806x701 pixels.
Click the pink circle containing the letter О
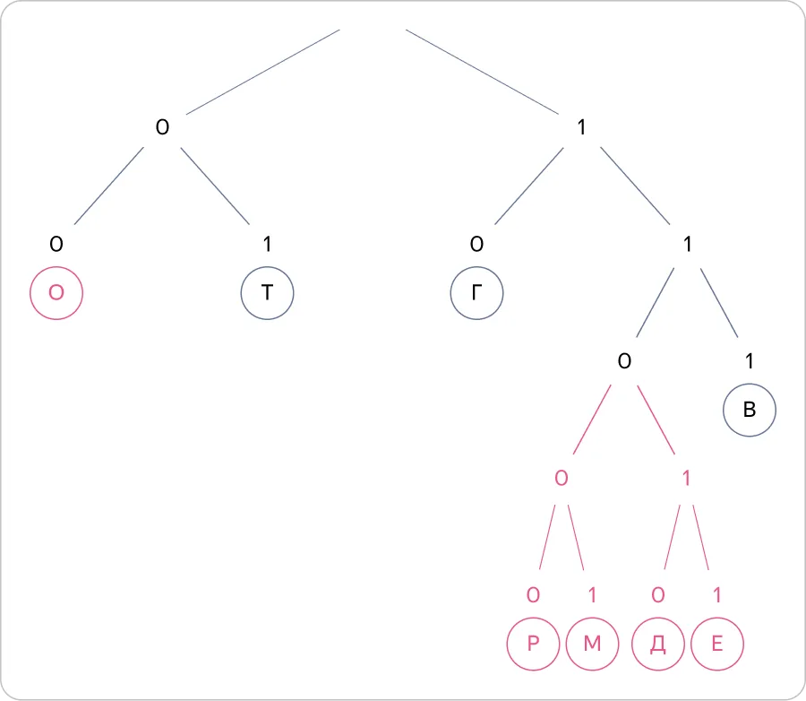(56, 293)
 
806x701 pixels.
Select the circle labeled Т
(267, 293)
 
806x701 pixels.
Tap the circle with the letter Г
(477, 293)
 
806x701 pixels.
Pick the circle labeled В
(750, 411)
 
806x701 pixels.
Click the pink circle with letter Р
(533, 644)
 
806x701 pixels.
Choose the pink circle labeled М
(592, 644)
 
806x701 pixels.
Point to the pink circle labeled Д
(658, 644)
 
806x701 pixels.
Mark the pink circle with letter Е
(717, 644)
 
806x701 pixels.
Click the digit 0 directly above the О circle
(56, 244)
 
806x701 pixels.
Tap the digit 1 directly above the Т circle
(267, 244)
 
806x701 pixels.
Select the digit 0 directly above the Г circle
(477, 244)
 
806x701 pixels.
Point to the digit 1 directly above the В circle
(750, 361)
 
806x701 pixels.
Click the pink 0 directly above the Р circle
(533, 595)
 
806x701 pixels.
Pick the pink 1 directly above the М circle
(592, 595)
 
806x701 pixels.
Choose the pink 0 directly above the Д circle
(658, 595)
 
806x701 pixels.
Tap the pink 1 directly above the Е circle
(717, 595)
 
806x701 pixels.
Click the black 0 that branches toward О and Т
(162, 127)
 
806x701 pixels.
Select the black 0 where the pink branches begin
(624, 361)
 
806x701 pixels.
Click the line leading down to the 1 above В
(719, 303)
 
